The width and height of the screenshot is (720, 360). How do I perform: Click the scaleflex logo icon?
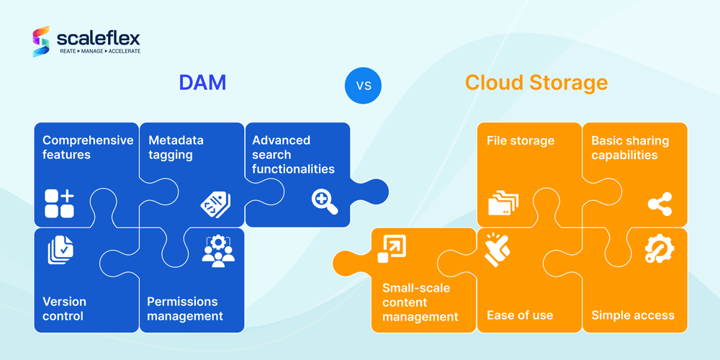(41, 42)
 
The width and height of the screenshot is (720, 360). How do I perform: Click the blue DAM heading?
(202, 83)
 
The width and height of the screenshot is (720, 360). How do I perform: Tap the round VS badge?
(363, 86)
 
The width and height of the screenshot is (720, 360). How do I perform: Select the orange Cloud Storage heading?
(536, 83)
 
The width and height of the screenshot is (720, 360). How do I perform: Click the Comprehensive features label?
(88, 147)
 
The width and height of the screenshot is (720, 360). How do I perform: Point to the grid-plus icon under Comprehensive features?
(59, 203)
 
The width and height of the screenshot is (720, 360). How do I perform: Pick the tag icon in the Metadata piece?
(215, 205)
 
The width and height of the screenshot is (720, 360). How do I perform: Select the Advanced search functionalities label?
(293, 154)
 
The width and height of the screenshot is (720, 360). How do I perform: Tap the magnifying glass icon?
(325, 202)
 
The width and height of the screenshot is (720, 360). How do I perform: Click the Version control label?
(64, 308)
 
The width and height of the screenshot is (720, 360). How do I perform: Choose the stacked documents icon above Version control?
(60, 250)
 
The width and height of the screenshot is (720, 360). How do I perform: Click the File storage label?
(521, 140)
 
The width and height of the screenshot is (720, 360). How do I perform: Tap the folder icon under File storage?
(503, 204)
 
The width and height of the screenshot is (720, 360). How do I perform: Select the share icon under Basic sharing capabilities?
(660, 204)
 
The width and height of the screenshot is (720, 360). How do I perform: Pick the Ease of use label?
(520, 315)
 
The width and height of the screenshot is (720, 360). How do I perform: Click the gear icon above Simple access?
(659, 249)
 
